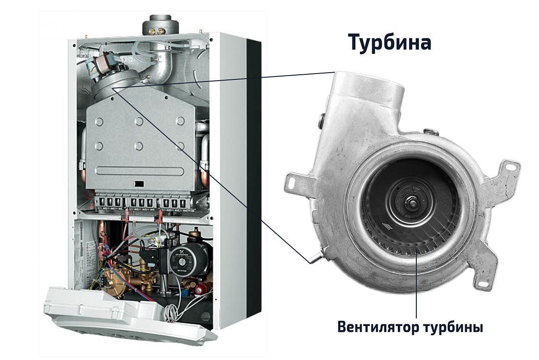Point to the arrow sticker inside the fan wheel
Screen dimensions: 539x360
387,226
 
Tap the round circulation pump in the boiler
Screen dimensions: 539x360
183,260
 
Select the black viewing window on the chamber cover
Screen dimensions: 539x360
139,184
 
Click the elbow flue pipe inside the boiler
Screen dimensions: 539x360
160,65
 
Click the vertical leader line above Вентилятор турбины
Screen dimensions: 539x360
416,284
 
